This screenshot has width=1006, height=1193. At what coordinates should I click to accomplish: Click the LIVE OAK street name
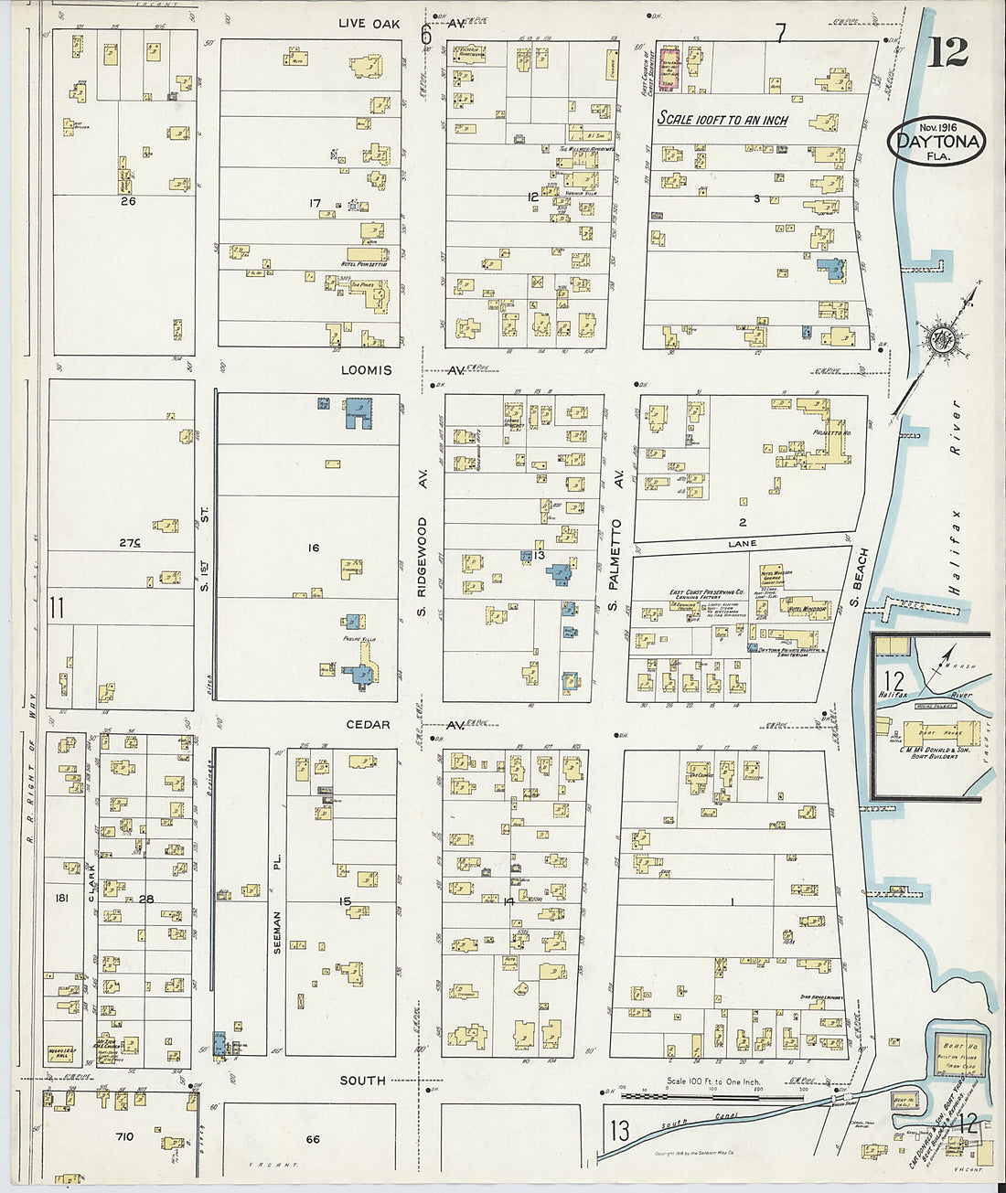coord(369,23)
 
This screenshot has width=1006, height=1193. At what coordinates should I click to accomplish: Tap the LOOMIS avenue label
coord(366,370)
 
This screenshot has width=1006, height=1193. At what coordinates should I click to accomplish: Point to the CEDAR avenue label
coord(368,725)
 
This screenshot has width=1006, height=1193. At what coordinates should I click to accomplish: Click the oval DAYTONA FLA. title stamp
coord(936,142)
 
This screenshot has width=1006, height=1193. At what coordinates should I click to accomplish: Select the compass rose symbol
coord(938,340)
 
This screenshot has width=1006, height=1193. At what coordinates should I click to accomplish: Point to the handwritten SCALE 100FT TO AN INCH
coord(722,119)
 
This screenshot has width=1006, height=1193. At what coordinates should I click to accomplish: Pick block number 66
coord(313,1138)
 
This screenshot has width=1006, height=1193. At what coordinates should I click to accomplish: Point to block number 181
coord(62,899)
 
